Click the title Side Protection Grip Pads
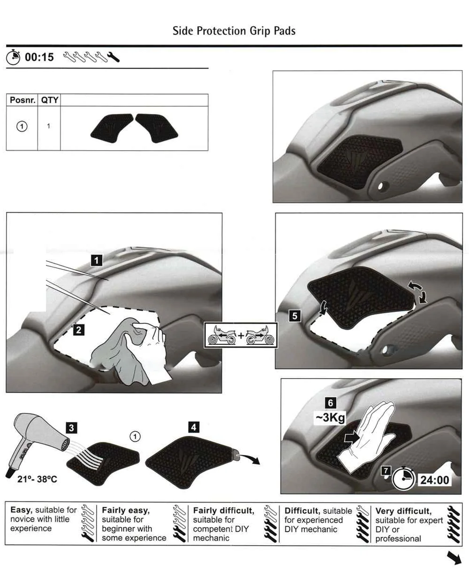click(234, 31)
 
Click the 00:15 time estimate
click(39, 57)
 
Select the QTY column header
click(49, 100)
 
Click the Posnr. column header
click(22, 100)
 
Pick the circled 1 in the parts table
click(22, 126)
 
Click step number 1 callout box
click(96, 260)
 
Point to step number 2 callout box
click(79, 330)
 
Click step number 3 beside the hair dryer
click(71, 427)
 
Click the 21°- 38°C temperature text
click(37, 479)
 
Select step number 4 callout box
click(193, 427)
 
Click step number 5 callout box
click(295, 316)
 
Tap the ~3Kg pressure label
click(330, 417)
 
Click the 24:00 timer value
click(435, 479)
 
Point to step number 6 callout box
click(331, 403)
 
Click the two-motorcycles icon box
click(241, 335)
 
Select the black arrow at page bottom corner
click(454, 558)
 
